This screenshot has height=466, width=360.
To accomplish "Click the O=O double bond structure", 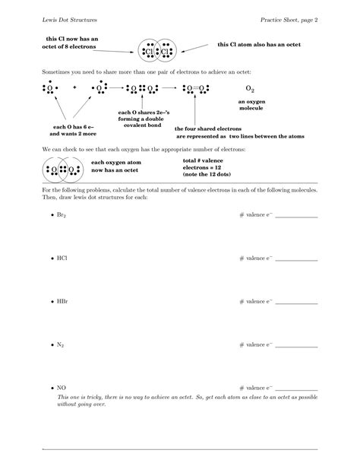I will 199,88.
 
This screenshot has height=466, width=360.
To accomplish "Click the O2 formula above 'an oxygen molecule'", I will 251,89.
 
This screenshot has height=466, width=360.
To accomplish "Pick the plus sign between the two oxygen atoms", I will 75,87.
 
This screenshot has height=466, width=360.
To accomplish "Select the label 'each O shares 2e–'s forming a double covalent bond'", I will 141,118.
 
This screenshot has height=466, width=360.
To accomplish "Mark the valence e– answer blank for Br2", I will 296,217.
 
